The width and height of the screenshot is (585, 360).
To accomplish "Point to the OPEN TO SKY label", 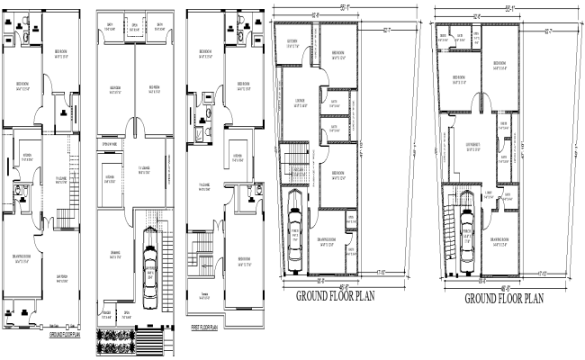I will (x=112, y=144).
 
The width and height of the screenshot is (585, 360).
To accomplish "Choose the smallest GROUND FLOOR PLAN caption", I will (x=65, y=334).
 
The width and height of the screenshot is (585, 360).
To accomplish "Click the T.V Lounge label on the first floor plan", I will (x=204, y=188).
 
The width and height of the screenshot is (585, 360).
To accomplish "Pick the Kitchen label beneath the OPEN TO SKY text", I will (x=110, y=176).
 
